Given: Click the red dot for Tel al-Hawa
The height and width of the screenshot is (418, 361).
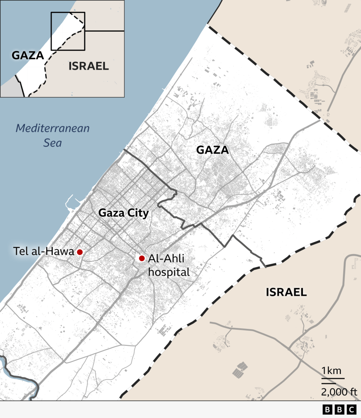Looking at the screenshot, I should tap(80, 252).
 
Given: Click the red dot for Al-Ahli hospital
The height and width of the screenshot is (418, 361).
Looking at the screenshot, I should tap(142, 258).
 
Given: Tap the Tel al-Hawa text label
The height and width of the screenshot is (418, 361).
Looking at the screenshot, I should tap(44, 252).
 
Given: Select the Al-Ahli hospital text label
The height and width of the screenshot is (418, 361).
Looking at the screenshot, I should tap(169, 265).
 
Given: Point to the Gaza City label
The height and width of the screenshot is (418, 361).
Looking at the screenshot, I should tap(124, 213).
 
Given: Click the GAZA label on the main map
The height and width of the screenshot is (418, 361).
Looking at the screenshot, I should tap(212, 150).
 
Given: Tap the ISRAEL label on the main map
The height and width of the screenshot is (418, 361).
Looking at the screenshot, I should tap(286, 292).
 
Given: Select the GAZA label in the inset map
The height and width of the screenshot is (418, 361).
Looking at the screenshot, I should tap(28, 55).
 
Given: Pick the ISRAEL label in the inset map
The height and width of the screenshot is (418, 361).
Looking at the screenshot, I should tap(89, 66).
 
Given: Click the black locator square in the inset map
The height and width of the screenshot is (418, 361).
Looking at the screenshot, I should tap(68, 31).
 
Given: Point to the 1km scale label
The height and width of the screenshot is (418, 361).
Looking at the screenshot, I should tap(331, 371).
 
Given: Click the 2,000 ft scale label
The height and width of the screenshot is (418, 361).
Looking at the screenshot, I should tap(339, 392).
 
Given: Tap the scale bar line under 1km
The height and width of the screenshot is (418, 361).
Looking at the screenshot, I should tap(333, 378).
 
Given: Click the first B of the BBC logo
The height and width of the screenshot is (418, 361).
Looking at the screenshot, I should tap(328, 409).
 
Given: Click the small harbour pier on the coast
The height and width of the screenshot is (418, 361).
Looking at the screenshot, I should tap(72, 202).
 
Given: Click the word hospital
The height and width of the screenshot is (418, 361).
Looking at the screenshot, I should tap(169, 272).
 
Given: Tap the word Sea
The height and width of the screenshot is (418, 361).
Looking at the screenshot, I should tap(52, 143).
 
